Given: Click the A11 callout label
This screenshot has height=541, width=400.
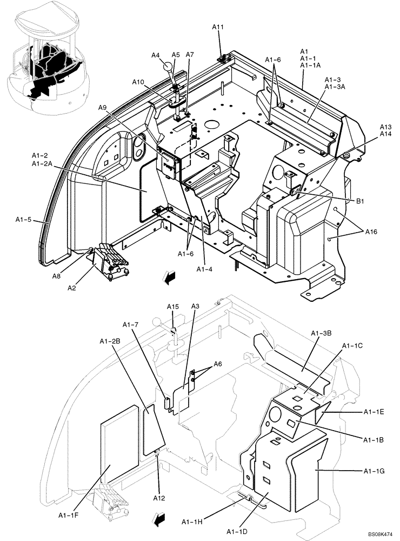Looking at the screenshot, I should point(217,27).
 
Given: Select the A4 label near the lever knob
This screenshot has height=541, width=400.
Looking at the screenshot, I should point(156,55).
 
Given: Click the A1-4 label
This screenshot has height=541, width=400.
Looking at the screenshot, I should point(204,268).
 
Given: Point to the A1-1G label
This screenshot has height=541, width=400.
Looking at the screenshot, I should point(374,470).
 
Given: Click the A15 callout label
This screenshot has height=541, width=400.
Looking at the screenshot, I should point(172,307).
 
